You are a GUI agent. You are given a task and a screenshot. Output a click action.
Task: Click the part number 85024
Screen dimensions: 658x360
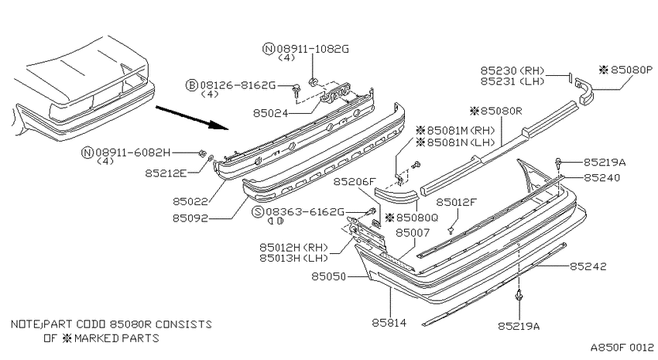tap(271, 113)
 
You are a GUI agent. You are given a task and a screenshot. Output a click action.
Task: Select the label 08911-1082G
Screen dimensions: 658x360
tap(313, 49)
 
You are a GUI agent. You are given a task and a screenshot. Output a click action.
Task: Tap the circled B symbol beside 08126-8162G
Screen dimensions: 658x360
tap(191, 86)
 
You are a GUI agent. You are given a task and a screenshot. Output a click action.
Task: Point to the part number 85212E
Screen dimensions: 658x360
tap(166, 173)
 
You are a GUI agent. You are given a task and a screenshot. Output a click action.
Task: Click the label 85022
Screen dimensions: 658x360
tap(190, 201)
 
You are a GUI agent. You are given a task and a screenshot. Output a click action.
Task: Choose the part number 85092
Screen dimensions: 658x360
tap(190, 218)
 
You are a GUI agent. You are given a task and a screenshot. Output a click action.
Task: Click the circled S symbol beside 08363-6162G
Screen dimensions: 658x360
tap(257, 212)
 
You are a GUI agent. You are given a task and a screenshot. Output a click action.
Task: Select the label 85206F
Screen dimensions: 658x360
tap(355, 182)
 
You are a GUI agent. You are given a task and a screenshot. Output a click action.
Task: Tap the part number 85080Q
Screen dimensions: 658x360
tap(417, 218)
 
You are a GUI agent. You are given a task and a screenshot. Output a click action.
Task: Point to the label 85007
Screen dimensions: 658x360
tap(413, 232)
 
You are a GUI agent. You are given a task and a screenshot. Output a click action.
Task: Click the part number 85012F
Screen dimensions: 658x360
tap(457, 202)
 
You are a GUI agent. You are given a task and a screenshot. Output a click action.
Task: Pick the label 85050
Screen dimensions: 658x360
tap(328, 276)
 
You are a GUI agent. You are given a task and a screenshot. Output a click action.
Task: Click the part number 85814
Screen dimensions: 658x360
tap(389, 323)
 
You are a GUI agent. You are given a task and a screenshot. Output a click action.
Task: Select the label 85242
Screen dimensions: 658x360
tap(588, 266)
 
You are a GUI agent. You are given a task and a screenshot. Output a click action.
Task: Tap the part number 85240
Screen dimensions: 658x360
tap(601, 177)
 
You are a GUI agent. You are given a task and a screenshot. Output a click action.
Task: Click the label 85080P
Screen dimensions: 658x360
tap(632, 70)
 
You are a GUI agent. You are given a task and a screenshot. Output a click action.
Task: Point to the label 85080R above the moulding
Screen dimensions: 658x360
tap(501, 111)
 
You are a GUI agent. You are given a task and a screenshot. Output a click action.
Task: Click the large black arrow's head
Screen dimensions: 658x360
tap(221, 125)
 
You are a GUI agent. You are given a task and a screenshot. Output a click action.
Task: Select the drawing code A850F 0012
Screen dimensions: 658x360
tap(622, 348)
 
